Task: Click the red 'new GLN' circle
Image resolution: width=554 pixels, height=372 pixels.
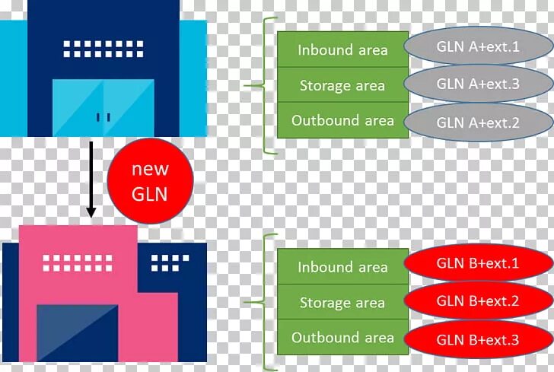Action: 150,182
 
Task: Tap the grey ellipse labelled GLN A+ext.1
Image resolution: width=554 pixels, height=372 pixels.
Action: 478,47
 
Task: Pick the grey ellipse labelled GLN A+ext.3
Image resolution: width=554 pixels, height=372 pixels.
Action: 478,84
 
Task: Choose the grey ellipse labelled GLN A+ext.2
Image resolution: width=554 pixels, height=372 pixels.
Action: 478,121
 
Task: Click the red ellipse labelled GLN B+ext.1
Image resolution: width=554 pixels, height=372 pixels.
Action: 478,265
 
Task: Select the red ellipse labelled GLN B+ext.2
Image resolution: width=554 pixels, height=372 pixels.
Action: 478,302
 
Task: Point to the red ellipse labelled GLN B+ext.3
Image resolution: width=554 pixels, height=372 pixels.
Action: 478,339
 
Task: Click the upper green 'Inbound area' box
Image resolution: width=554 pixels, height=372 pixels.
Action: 342,50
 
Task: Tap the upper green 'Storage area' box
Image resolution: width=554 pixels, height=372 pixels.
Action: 342,85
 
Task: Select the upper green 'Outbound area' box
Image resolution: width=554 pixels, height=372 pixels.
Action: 342,120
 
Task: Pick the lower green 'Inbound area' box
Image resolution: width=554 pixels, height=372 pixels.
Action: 342,267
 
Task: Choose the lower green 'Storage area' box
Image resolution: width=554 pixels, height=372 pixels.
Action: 342,303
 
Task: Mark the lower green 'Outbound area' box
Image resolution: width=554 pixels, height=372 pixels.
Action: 342,338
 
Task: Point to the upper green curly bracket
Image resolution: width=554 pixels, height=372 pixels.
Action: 262,86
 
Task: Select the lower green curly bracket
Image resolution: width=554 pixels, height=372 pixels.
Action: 263,302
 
